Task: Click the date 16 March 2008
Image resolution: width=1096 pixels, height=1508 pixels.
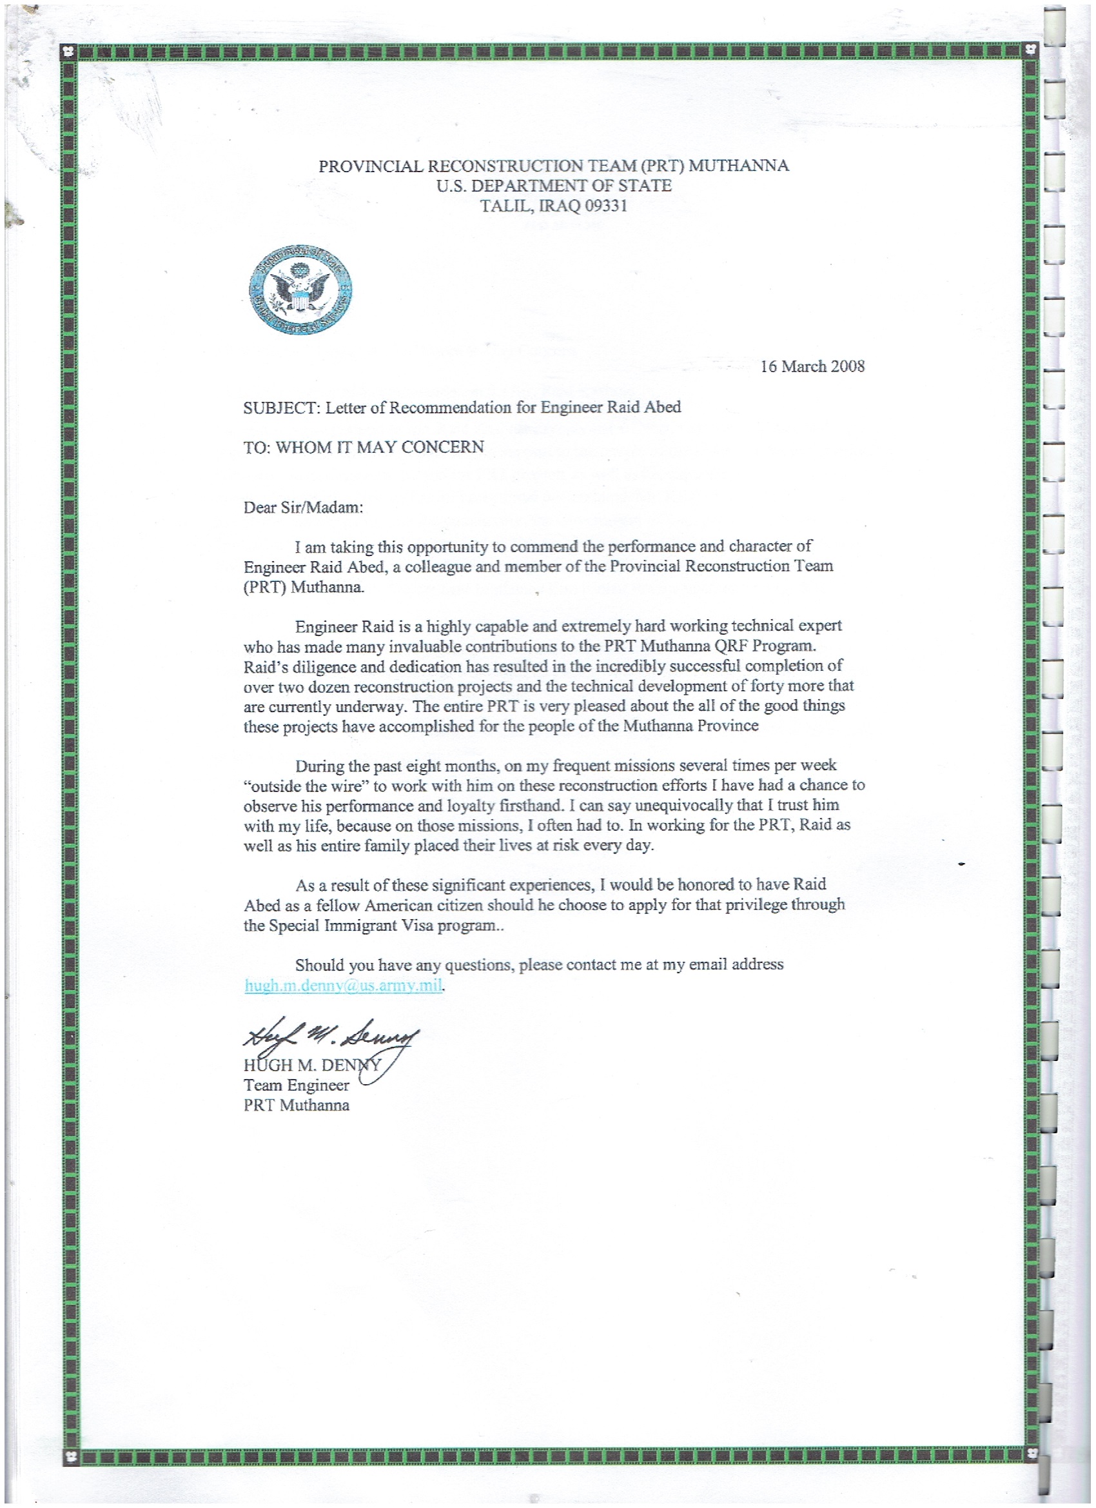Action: (x=812, y=366)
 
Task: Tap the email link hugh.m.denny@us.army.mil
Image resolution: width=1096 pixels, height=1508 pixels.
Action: (x=343, y=986)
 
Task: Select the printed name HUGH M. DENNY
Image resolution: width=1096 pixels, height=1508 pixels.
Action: (x=312, y=1065)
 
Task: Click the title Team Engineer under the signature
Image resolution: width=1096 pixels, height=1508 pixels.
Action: (x=297, y=1085)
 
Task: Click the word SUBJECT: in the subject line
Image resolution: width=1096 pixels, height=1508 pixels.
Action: (x=282, y=408)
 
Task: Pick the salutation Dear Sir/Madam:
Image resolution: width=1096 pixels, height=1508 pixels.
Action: (x=304, y=508)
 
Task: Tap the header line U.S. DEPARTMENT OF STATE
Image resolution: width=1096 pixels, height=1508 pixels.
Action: (x=554, y=186)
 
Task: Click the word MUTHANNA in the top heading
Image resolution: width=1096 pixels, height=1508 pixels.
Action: (x=738, y=166)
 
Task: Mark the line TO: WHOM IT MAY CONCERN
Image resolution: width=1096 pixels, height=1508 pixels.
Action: (x=364, y=447)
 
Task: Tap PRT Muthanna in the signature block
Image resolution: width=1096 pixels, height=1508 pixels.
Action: (x=297, y=1105)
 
